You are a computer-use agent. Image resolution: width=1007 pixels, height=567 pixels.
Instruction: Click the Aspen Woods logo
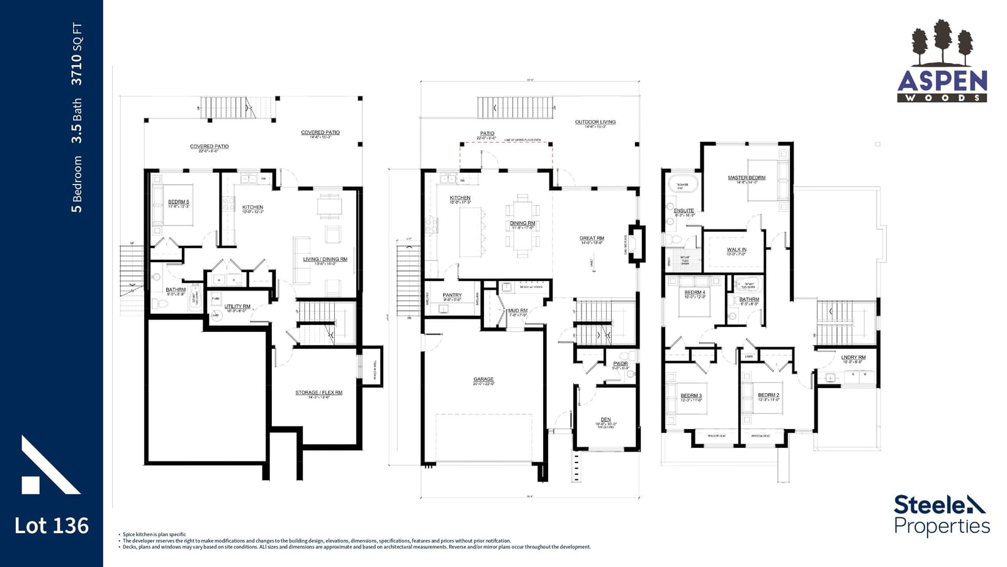942,62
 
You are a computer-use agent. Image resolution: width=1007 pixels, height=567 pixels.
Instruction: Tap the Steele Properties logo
942,515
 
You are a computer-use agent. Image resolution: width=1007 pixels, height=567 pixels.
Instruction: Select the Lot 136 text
52,525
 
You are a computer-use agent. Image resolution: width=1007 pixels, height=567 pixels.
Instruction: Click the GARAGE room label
483,380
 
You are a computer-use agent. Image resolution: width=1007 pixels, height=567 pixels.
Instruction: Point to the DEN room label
605,420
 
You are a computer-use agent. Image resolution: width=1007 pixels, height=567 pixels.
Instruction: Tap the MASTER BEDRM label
746,178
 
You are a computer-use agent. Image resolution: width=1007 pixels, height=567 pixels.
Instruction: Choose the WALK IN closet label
736,250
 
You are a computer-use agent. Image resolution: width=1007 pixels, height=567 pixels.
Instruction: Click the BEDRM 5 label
178,202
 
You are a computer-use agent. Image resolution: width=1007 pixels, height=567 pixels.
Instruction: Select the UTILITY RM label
237,306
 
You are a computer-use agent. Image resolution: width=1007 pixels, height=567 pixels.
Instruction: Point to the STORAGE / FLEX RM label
318,392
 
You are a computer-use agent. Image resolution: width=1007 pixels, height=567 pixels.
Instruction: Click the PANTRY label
452,295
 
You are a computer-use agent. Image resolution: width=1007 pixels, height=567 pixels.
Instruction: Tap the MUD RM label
517,311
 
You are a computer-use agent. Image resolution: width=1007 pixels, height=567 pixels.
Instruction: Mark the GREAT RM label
591,239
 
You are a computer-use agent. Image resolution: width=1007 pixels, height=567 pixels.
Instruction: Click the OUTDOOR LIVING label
595,122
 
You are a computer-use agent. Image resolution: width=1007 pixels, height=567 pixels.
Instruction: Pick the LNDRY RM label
853,357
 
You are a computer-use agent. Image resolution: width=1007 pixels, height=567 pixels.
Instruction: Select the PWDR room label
620,364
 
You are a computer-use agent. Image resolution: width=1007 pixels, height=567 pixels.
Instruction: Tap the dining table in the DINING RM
522,226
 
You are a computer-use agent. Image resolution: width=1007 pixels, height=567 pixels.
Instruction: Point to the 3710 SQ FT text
77,54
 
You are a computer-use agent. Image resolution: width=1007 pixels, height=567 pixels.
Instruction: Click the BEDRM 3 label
690,396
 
